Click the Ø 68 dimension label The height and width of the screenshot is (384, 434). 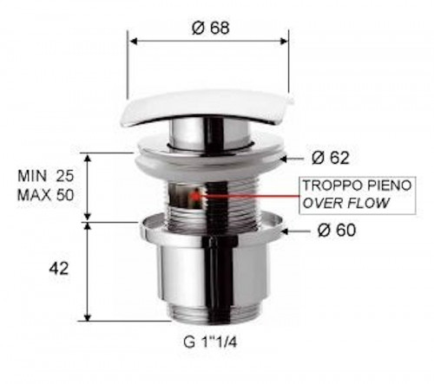(208, 28)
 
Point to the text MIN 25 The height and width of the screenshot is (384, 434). (47, 176)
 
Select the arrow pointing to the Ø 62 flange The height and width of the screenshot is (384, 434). (297, 158)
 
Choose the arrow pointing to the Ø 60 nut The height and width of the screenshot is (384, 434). (298, 231)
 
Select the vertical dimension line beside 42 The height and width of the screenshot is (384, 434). (87, 270)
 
